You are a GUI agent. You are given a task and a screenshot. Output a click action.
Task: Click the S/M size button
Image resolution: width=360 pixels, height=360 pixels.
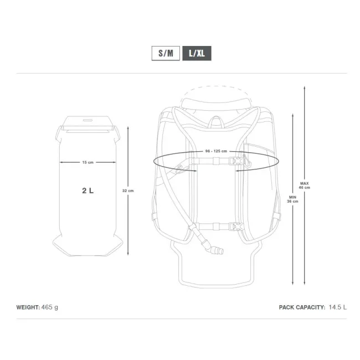tap(166, 54)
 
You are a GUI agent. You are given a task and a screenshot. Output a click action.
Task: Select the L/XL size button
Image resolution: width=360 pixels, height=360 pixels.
tap(197, 54)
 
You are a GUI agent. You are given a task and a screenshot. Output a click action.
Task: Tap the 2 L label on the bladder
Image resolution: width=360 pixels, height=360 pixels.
tap(88, 191)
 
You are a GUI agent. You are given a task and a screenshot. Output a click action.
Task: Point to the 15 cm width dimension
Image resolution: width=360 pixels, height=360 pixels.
tap(88, 162)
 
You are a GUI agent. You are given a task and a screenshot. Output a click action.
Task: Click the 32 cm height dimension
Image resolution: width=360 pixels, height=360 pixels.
tap(128, 191)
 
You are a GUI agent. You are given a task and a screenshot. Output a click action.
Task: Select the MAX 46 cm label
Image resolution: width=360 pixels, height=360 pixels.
tap(304, 185)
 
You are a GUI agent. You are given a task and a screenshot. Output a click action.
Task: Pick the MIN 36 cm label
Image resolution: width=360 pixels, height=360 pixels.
tap(292, 199)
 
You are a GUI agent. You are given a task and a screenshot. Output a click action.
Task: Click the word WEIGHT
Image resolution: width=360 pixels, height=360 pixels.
tap(28, 306)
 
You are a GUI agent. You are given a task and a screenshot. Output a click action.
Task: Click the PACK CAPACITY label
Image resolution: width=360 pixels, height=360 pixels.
tap(302, 306)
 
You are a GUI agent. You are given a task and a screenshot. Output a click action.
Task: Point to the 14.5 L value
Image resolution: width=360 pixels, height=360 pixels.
tap(337, 306)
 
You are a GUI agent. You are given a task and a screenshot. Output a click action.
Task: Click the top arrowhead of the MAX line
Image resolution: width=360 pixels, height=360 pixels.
tap(304, 87)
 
